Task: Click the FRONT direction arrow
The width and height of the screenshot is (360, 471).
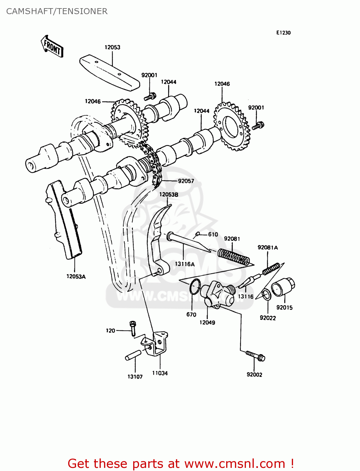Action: [52, 46]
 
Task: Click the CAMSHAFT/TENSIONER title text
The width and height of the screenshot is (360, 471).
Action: [57, 11]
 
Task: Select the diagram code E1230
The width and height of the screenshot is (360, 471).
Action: [283, 33]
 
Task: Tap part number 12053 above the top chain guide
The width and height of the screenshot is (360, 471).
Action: [112, 47]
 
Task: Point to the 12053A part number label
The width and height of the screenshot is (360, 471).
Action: [76, 277]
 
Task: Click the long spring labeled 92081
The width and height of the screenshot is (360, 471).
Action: [234, 256]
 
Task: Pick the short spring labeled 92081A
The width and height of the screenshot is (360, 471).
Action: [271, 269]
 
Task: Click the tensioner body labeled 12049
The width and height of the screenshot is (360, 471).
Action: [219, 294]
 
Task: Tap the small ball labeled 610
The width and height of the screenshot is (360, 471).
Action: [198, 234]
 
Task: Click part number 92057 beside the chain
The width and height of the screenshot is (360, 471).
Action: [186, 181]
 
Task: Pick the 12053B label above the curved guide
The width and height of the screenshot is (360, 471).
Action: [168, 195]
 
